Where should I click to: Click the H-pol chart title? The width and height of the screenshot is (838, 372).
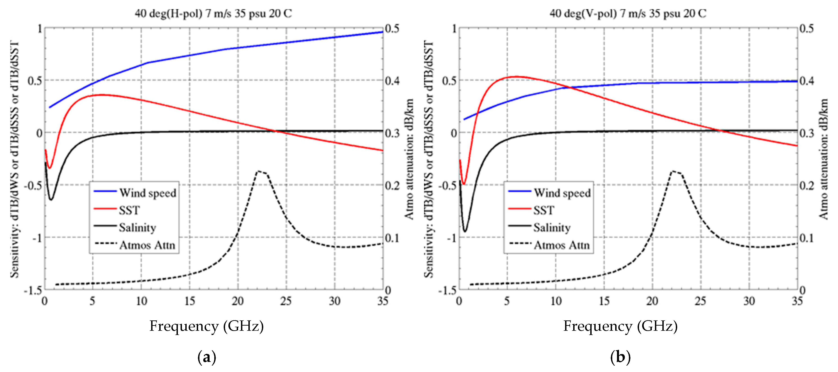pyautogui.click(x=213, y=14)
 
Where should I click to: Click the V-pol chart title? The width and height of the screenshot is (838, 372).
pyautogui.click(x=628, y=14)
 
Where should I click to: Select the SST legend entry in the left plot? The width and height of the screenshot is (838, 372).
pyautogui.click(x=129, y=211)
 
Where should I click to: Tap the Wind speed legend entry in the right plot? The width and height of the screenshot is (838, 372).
pyautogui.click(x=562, y=193)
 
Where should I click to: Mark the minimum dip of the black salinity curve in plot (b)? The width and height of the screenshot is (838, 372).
pyautogui.click(x=465, y=231)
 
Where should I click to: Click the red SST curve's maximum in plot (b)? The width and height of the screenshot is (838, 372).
pyautogui.click(x=517, y=77)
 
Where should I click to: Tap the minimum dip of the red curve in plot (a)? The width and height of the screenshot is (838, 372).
pyautogui.click(x=49, y=168)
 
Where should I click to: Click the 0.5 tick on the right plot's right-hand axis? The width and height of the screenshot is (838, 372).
pyautogui.click(x=807, y=29)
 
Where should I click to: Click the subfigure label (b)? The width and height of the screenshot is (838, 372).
pyautogui.click(x=620, y=357)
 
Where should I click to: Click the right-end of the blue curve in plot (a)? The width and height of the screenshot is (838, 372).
pyautogui.click(x=382, y=32)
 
